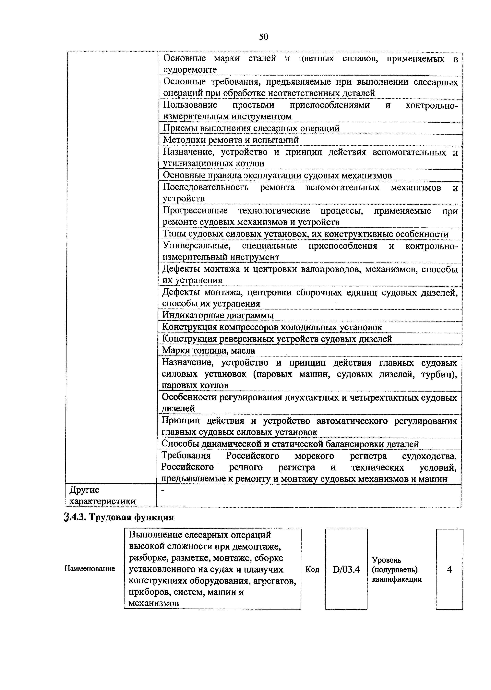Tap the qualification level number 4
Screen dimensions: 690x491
(449, 570)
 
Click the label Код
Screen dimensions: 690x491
(312, 570)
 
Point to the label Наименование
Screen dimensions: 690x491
(90, 568)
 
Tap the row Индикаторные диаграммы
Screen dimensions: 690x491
(218, 315)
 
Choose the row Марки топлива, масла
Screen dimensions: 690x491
(209, 350)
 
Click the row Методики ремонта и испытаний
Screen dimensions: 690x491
(231, 140)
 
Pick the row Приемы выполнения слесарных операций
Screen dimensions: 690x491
(251, 128)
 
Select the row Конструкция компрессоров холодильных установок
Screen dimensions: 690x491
(272, 327)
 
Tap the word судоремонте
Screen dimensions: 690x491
(190, 70)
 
